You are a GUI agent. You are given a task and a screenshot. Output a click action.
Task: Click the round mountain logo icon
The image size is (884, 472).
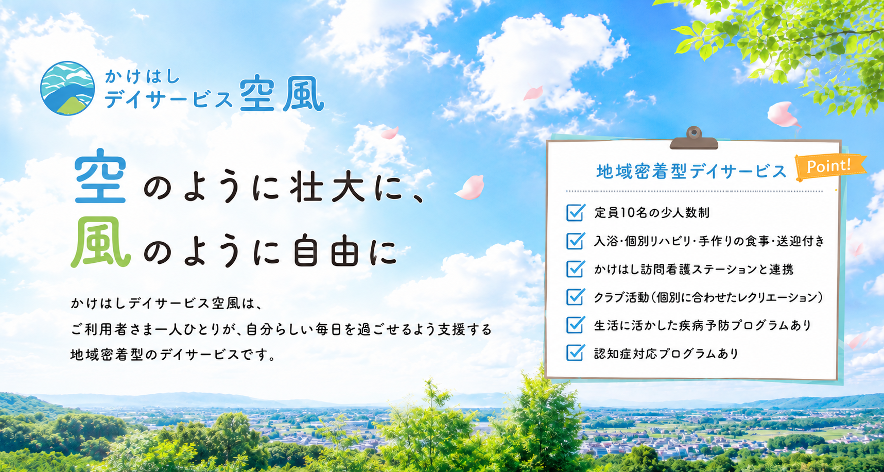pos(67,88)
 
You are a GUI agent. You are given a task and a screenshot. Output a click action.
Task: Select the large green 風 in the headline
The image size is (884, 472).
pos(100,242)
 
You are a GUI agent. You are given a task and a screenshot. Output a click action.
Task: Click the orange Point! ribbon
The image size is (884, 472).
pos(829,166)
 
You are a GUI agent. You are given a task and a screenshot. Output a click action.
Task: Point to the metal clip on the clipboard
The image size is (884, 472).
pos(694,138)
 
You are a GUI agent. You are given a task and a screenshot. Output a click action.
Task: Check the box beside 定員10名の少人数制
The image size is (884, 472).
pos(575,212)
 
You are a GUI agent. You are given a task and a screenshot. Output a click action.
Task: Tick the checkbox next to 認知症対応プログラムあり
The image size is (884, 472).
pos(575,352)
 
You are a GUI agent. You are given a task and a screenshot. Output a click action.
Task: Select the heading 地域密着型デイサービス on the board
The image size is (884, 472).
pos(691,171)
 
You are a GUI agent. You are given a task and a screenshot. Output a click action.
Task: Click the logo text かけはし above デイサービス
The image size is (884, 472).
pos(142,76)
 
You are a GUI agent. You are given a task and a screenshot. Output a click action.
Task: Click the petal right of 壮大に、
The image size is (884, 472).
pos(470,188)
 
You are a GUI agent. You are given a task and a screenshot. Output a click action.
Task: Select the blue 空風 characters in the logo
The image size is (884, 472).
pos(281,94)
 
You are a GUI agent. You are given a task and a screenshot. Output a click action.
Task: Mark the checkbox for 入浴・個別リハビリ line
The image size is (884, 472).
pos(575,240)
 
